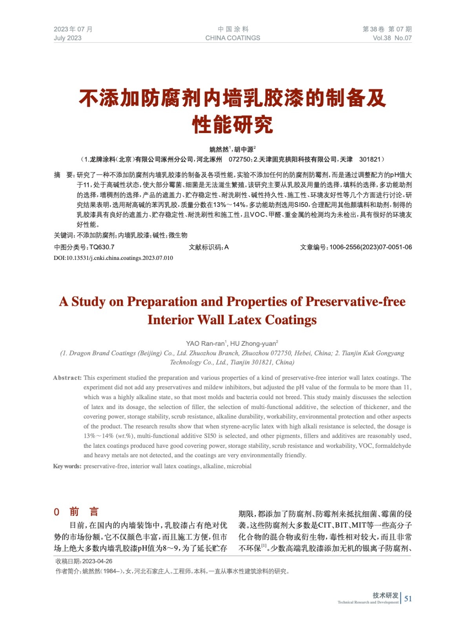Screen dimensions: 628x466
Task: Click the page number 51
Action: pos(408,598)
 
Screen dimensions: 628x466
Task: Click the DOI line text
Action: pos(113,258)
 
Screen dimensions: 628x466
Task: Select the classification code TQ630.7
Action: pos(102,247)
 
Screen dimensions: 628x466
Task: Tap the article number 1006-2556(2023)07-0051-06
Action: pos(371,247)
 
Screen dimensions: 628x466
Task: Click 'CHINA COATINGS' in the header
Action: pos(232,38)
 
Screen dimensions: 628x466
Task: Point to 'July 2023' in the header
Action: pos(68,38)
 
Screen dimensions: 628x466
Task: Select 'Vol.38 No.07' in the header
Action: pos(392,38)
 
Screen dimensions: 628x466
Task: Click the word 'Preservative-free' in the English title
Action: pos(355,301)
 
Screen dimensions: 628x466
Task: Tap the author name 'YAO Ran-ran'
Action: pos(205,343)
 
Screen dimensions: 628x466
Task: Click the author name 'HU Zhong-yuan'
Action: pos(253,343)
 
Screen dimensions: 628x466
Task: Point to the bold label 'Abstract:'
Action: pos(68,378)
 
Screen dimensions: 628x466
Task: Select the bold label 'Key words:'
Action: pos(67,466)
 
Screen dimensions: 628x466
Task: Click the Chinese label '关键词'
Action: pos(64,235)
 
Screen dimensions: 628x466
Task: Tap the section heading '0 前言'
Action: pos(77,511)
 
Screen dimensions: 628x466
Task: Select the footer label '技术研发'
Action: pos(385,595)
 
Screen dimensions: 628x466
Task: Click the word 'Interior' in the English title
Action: pos(170,320)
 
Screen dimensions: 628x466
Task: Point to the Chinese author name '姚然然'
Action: pos(219,150)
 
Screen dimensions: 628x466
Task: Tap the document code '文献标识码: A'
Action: pos(208,247)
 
